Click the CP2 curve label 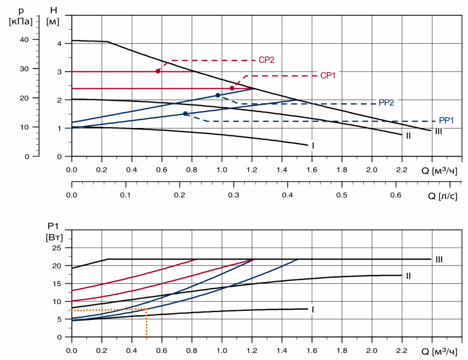point(266,60)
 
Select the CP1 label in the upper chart point(328,76)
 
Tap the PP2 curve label point(386,103)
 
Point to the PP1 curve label point(446,121)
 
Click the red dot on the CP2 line point(158,71)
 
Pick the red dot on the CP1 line point(232,88)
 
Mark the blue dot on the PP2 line point(218,95)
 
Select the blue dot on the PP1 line point(185,114)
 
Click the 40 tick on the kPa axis point(23,40)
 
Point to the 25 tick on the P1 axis point(56,248)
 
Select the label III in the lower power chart point(439,259)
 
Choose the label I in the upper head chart point(313,146)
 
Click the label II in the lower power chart point(408,276)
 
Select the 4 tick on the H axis point(59,44)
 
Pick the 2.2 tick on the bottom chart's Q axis point(401,350)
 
